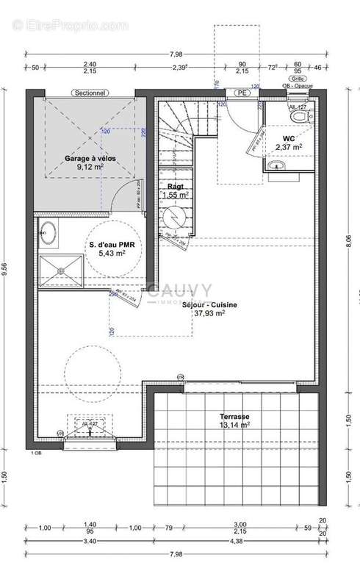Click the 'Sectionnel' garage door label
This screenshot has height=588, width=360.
pos(89,93)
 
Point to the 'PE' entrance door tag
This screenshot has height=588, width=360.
pos(240,93)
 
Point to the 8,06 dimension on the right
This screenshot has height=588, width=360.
pos(348,243)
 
